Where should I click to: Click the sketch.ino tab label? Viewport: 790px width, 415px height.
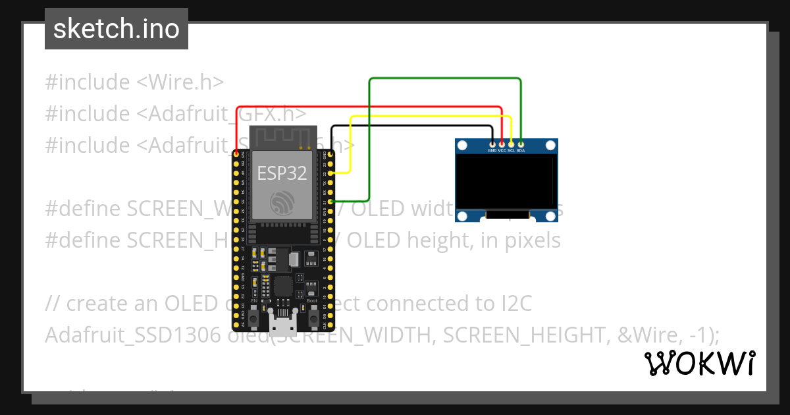tap(116, 29)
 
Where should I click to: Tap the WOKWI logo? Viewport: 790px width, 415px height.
tap(700, 363)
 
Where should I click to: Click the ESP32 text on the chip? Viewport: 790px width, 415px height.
tap(282, 173)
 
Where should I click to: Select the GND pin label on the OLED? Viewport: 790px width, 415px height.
tap(492, 151)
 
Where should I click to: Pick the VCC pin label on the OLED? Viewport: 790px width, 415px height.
tap(502, 151)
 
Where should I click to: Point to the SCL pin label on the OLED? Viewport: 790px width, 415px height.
tap(511, 151)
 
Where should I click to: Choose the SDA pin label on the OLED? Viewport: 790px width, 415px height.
tap(521, 151)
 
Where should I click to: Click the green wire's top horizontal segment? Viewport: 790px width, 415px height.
tap(445, 79)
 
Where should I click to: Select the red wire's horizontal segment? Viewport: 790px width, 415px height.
tap(369, 107)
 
